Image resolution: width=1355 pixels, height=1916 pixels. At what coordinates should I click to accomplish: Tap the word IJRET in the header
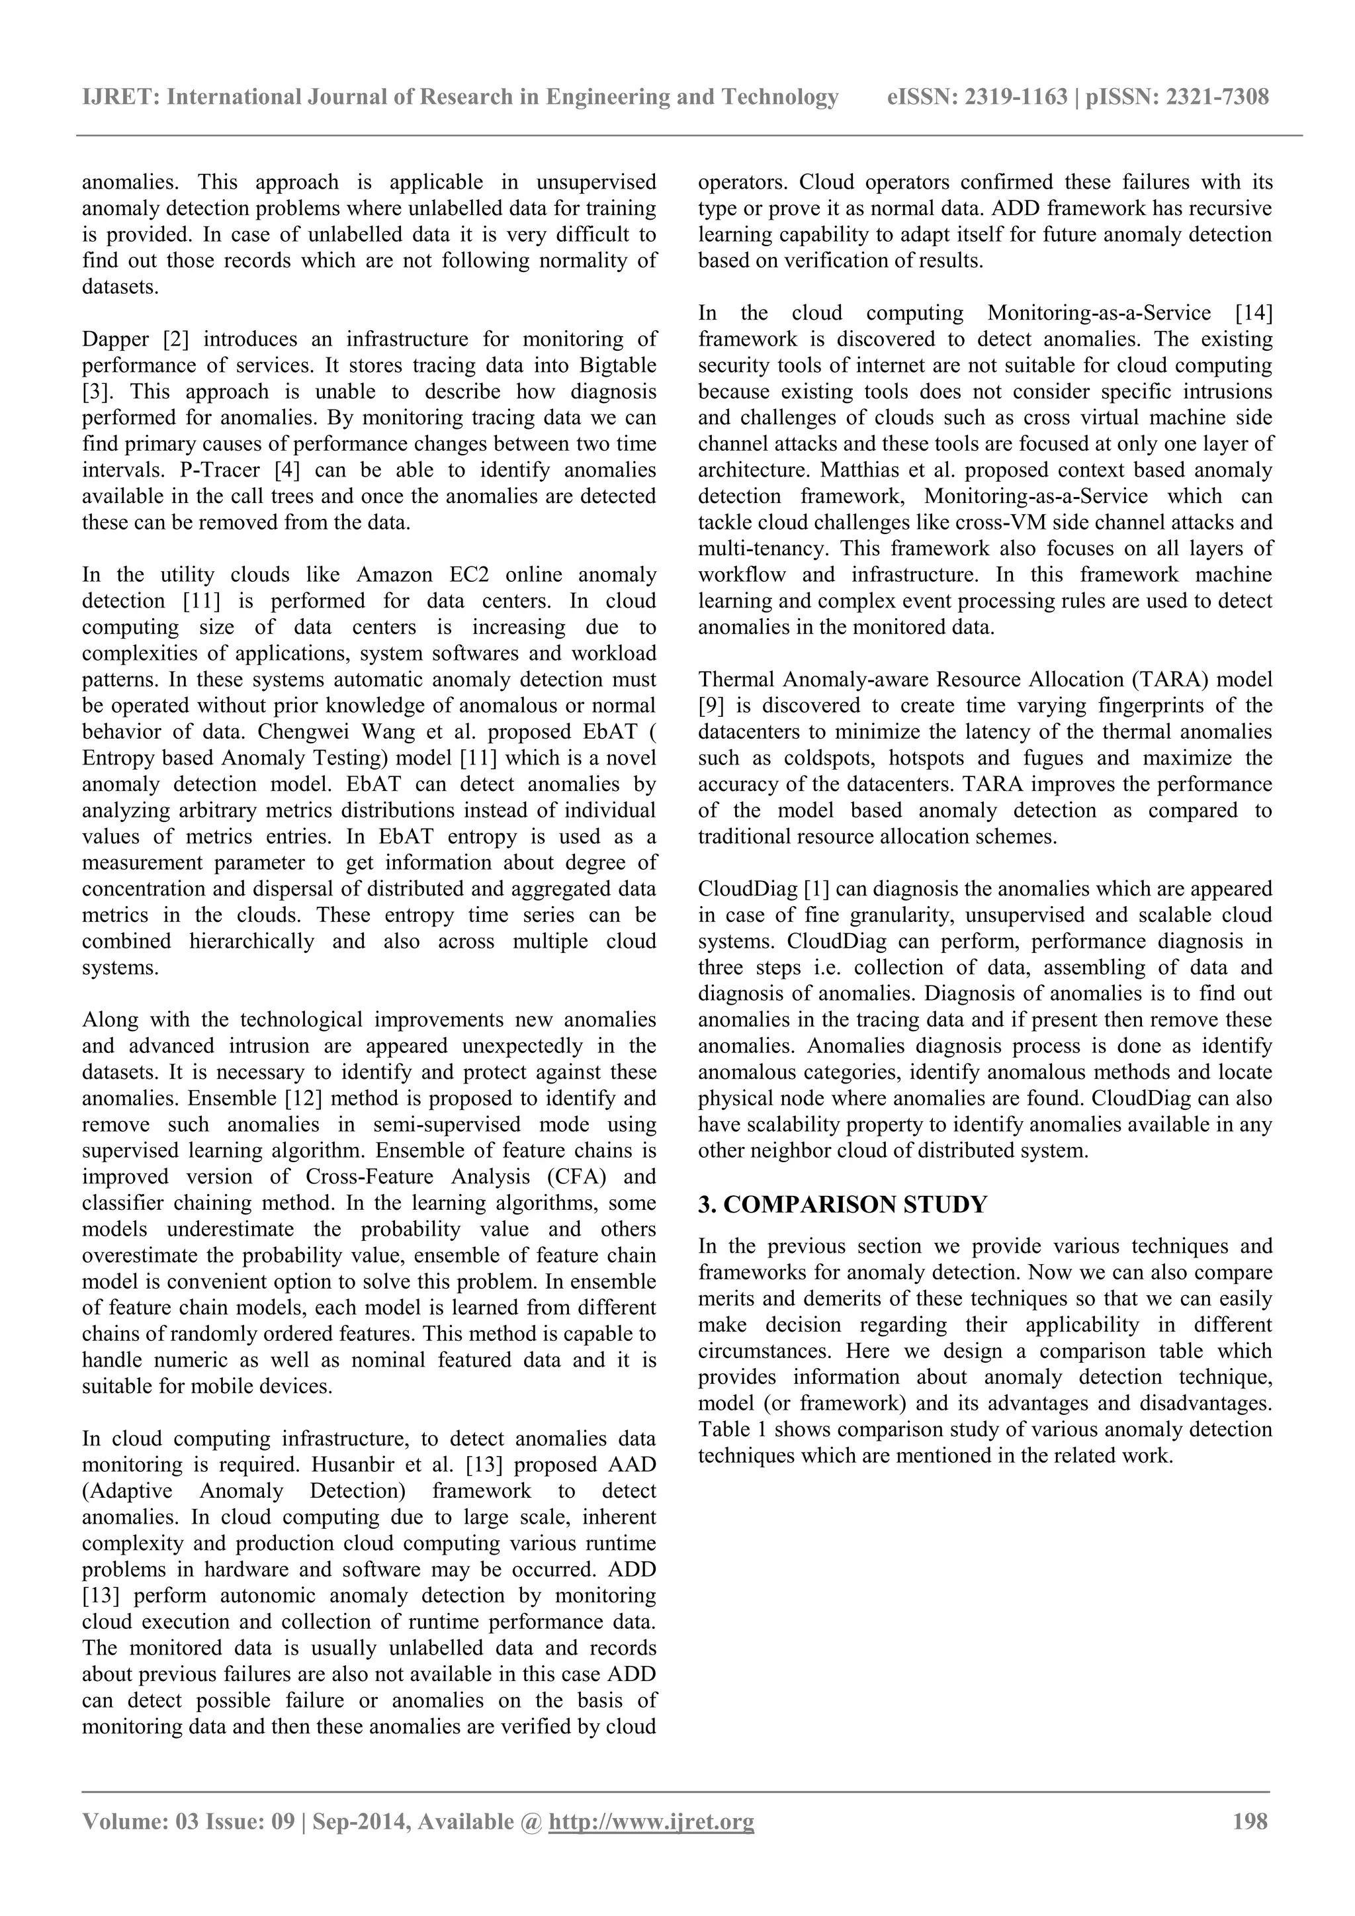[119, 98]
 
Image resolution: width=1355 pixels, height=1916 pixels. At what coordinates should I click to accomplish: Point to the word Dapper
[115, 340]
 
